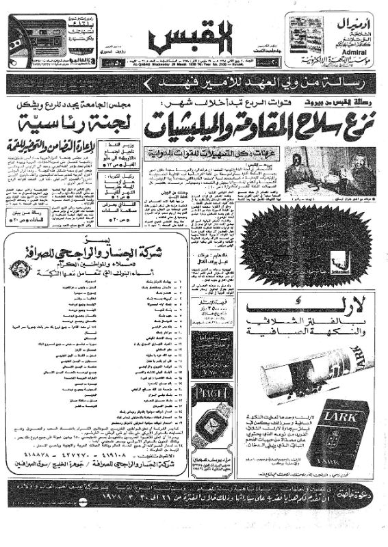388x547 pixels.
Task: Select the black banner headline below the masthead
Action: tap(194, 85)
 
